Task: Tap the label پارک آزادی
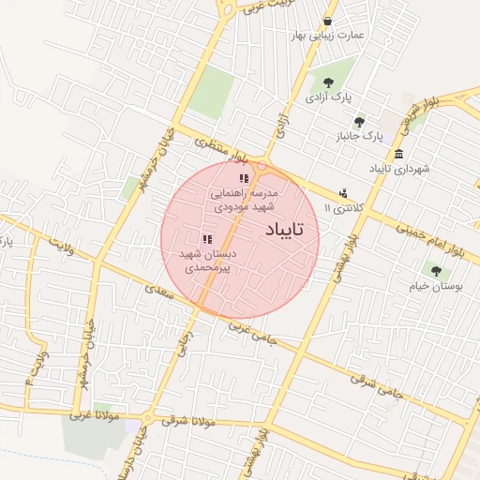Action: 328,97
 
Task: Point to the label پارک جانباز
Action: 360,136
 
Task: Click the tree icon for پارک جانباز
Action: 359,122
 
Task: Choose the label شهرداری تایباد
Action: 399,169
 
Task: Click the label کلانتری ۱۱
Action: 340,206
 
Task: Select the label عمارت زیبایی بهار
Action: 336,35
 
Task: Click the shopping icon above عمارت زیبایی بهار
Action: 326,21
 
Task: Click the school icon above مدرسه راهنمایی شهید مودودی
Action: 244,178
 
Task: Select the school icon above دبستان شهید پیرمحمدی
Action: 206,240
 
